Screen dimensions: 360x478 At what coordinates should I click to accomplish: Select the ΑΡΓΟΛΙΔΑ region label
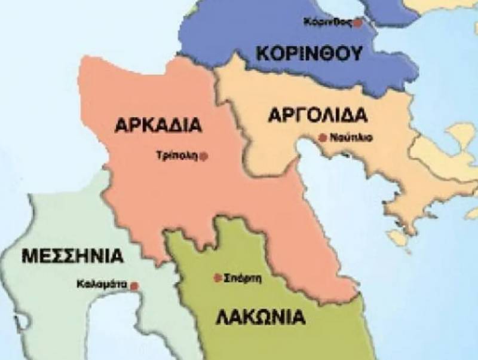(x=317, y=115)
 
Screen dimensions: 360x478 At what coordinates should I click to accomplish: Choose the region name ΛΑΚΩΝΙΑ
(x=260, y=317)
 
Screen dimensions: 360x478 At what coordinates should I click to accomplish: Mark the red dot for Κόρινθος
(x=358, y=23)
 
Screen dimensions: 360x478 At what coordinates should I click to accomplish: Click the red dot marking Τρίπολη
(x=204, y=156)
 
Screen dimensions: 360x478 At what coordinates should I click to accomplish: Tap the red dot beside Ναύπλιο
(x=323, y=138)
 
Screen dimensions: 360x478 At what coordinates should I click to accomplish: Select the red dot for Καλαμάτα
(x=134, y=286)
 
